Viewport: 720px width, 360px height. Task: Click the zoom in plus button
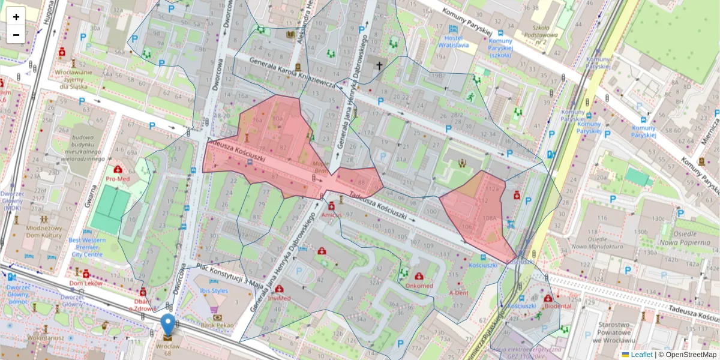click(16, 16)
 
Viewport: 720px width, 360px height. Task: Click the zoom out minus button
click(16, 35)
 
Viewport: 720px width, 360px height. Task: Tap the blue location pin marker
click(169, 325)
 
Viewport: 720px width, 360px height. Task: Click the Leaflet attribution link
click(641, 355)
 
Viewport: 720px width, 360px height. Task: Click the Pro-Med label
click(118, 179)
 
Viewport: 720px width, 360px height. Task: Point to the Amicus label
click(331, 214)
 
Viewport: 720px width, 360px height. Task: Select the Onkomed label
click(419, 286)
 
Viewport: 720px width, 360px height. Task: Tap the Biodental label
click(557, 305)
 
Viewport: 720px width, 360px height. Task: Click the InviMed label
click(280, 298)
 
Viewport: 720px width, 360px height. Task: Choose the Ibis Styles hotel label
click(214, 291)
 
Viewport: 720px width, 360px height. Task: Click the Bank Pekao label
click(217, 325)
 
